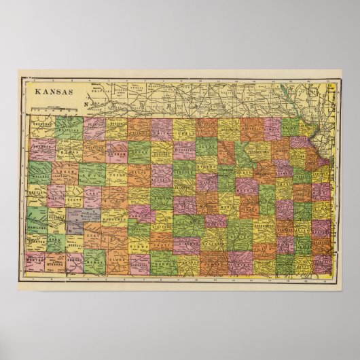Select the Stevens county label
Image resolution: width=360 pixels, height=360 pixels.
click(57, 259)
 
